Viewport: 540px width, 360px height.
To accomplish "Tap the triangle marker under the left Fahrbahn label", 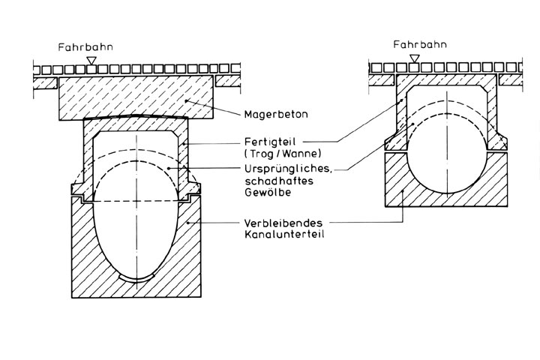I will (x=91, y=59).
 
